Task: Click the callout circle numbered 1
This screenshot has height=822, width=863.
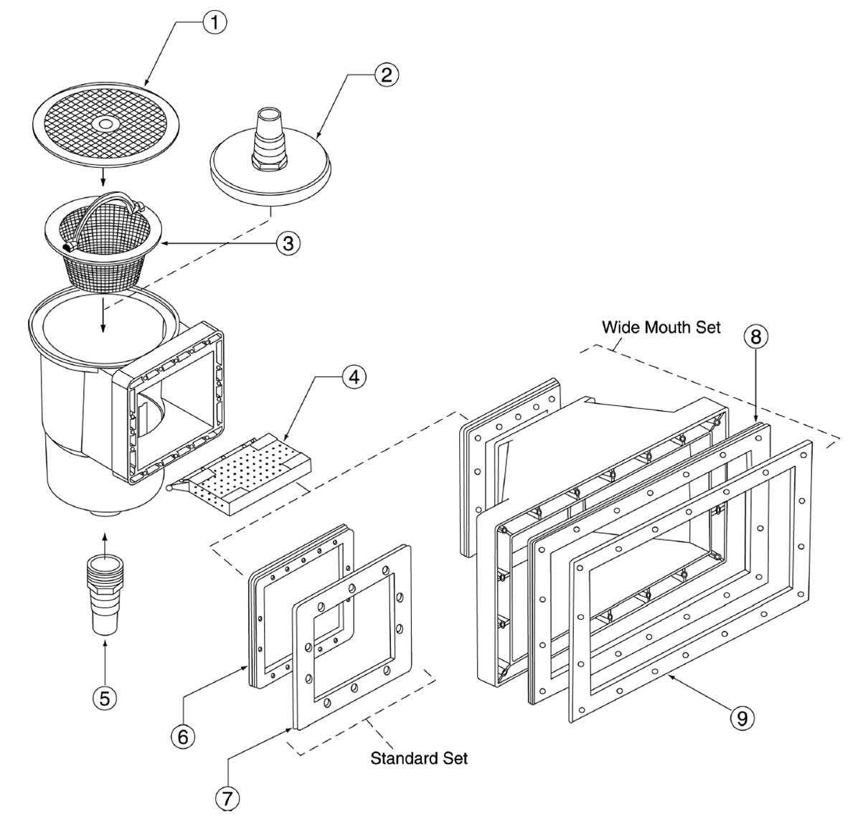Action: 214,22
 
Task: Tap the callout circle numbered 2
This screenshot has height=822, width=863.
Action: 386,75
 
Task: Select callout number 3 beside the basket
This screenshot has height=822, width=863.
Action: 288,242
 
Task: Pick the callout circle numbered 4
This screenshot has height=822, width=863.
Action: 354,377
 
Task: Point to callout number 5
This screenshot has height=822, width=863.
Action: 105,698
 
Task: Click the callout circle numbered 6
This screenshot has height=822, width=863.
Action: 183,736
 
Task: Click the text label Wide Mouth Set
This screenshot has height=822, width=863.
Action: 661,327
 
